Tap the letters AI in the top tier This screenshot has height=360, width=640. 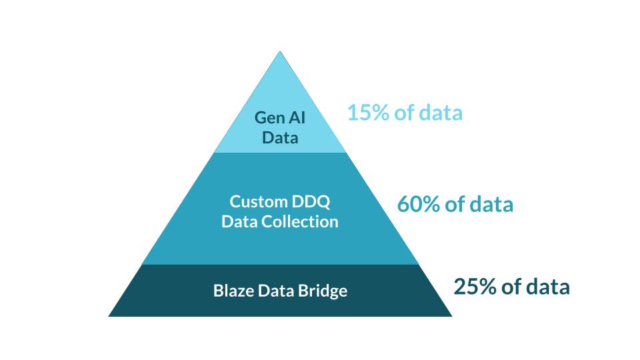coord(295,118)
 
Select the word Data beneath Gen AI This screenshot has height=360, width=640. coord(280,138)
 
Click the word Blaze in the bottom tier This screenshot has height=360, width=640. coord(234,291)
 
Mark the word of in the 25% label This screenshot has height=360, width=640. coord(511,287)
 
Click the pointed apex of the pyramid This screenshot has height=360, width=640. coord(280,53)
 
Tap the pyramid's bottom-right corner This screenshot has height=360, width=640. coord(451,315)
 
